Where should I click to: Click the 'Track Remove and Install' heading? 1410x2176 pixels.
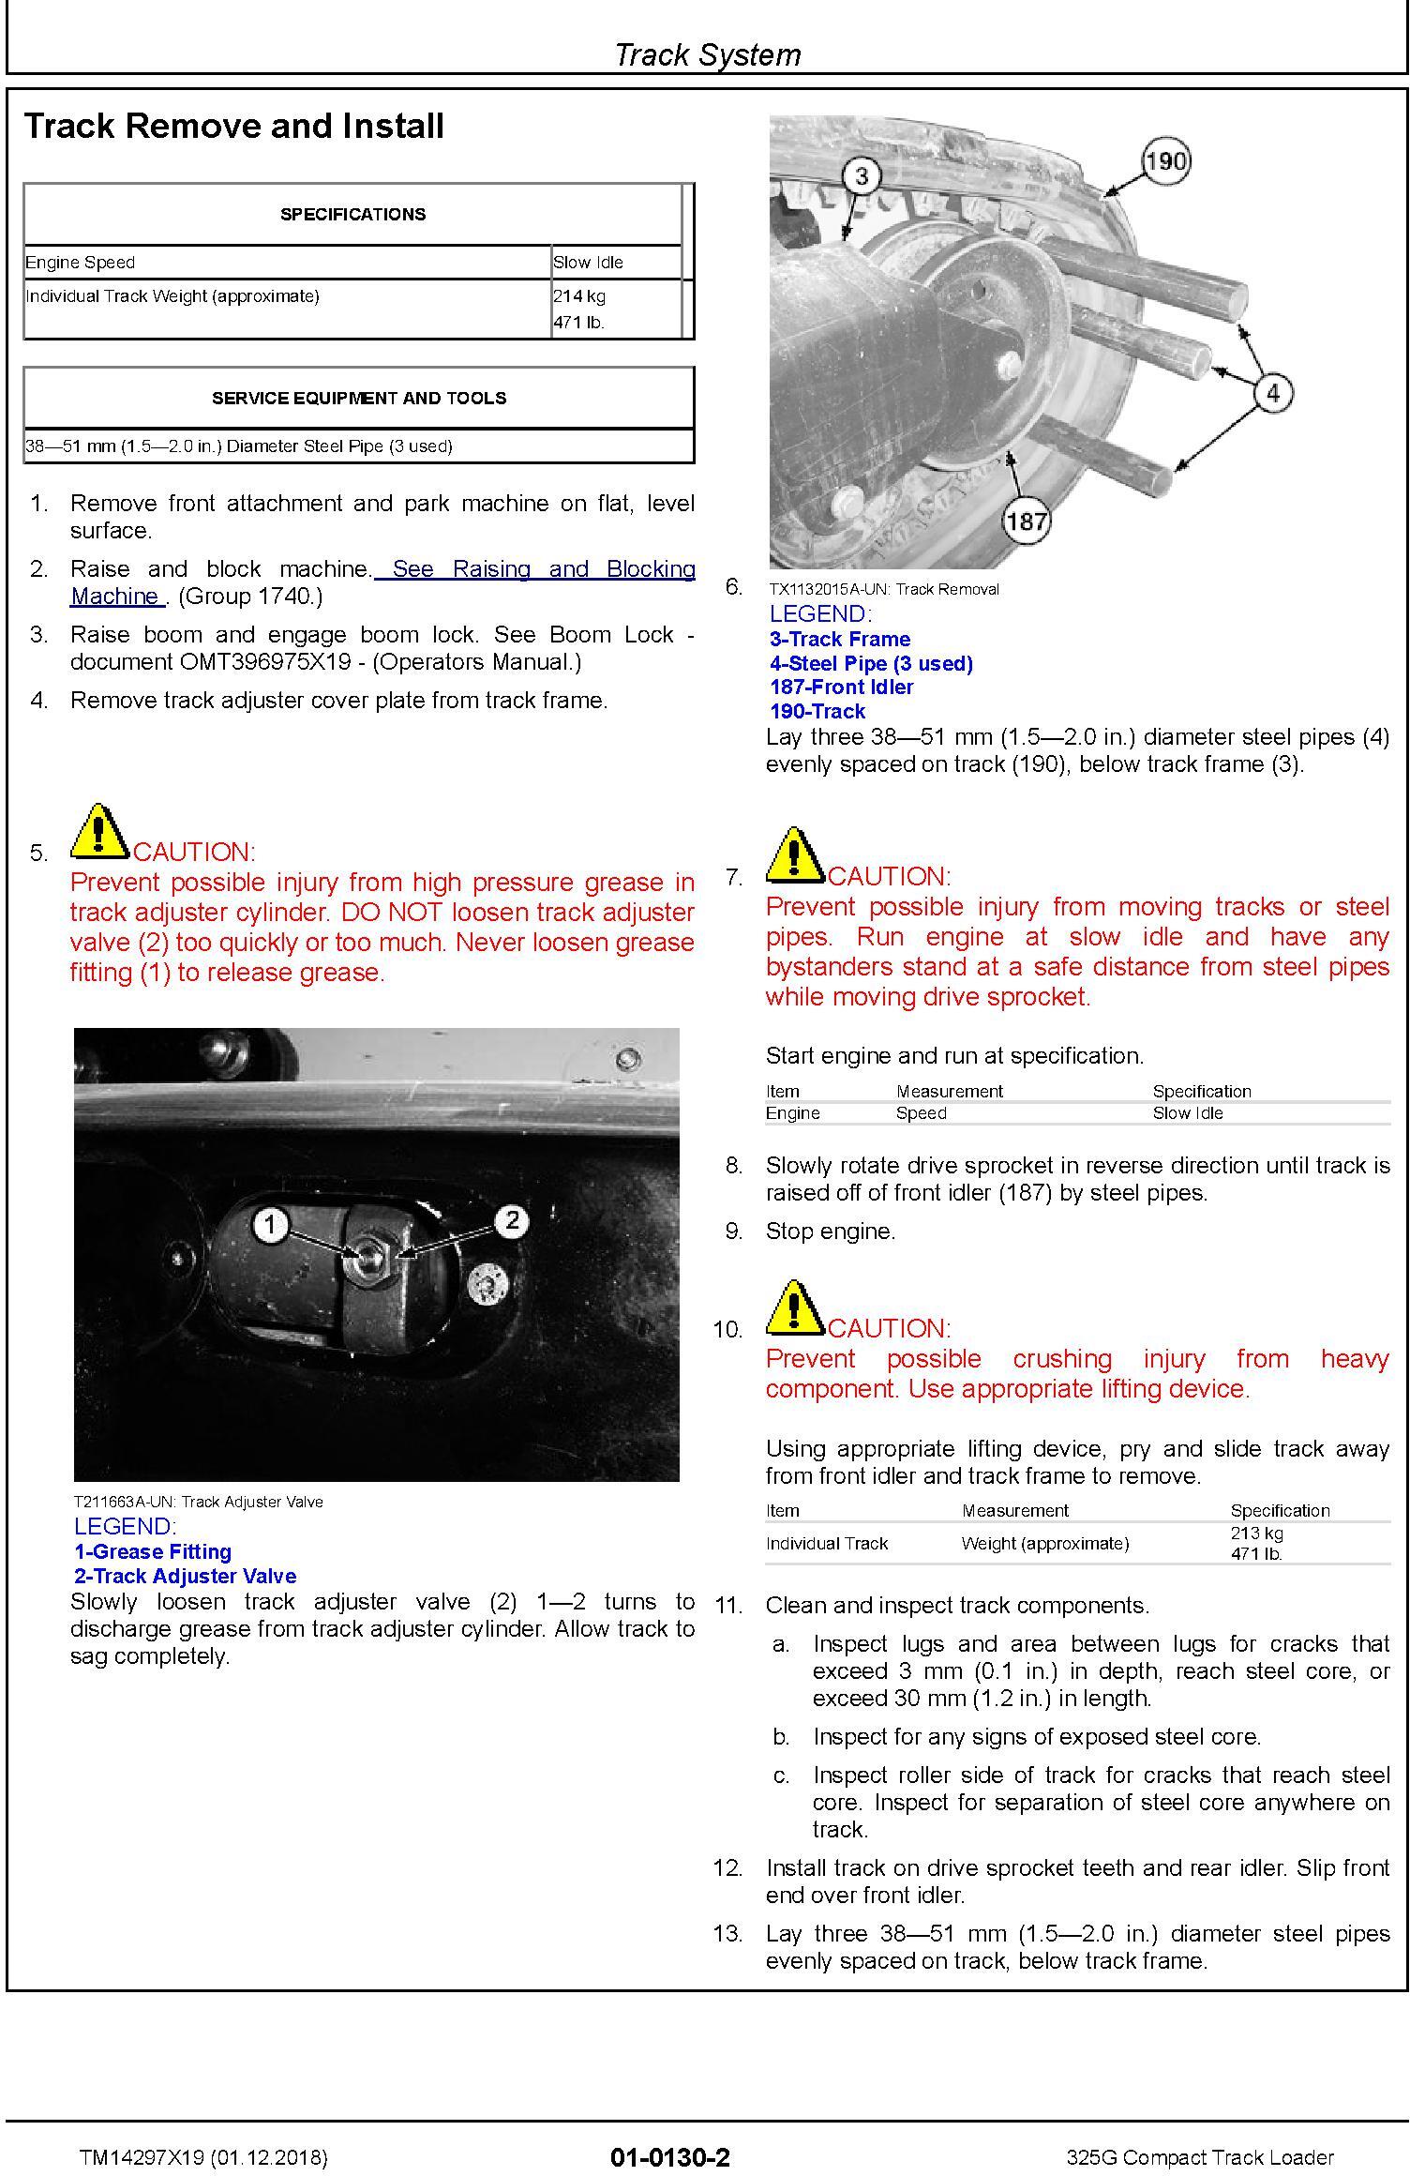click(233, 127)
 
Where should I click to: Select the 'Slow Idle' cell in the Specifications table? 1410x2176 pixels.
click(588, 263)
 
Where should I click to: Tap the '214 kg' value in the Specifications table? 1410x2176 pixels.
click(579, 296)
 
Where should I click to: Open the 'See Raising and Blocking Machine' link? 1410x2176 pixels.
click(382, 582)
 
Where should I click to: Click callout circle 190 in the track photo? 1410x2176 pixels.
click(1165, 160)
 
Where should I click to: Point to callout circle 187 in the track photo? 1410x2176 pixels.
click(1026, 520)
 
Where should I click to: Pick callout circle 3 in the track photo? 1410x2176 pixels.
click(862, 175)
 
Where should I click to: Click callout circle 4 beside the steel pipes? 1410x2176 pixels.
click(1272, 393)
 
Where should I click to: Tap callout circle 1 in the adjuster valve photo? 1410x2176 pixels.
click(271, 1223)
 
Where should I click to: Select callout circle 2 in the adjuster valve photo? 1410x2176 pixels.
click(512, 1220)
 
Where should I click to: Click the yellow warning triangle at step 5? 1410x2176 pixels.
click(99, 832)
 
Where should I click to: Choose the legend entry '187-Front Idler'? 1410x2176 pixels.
click(841, 688)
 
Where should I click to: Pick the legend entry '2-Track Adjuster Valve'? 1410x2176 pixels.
click(185, 1576)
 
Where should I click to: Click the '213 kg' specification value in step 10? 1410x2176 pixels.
click(1256, 1533)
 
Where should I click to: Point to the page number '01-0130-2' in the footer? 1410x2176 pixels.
click(669, 2157)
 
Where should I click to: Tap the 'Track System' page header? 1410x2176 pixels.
click(707, 54)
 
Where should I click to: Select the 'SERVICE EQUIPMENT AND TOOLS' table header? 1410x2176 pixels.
click(358, 399)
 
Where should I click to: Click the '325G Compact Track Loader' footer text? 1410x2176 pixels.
click(1201, 2158)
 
